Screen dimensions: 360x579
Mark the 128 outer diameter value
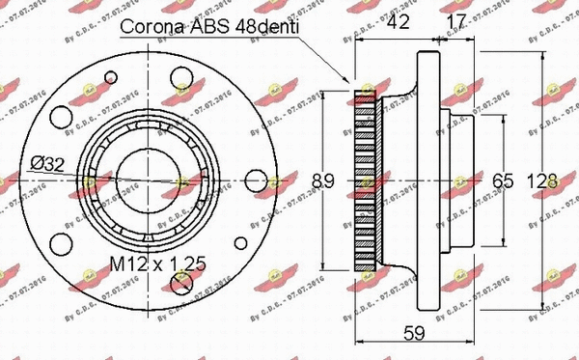click(x=548, y=180)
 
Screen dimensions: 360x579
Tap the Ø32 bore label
click(x=45, y=163)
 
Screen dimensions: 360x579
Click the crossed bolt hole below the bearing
click(x=180, y=281)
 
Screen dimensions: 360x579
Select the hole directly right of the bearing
click(x=255, y=180)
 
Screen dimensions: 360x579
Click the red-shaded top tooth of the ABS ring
click(x=364, y=95)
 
